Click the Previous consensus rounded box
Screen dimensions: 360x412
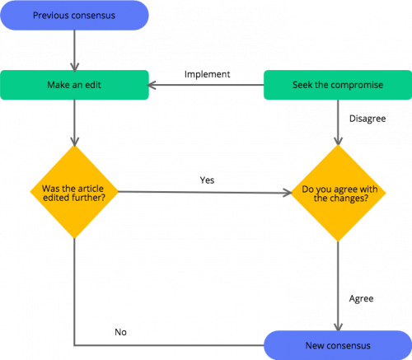(74, 16)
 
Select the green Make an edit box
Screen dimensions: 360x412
(74, 86)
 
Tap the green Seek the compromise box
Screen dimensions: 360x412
(337, 86)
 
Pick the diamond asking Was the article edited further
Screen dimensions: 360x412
(74, 192)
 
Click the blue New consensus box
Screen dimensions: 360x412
(337, 344)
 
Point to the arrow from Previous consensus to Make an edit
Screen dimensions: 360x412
(74, 51)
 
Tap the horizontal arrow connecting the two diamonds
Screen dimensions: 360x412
(206, 193)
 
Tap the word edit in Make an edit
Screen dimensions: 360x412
(93, 86)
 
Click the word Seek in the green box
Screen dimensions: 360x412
(302, 86)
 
